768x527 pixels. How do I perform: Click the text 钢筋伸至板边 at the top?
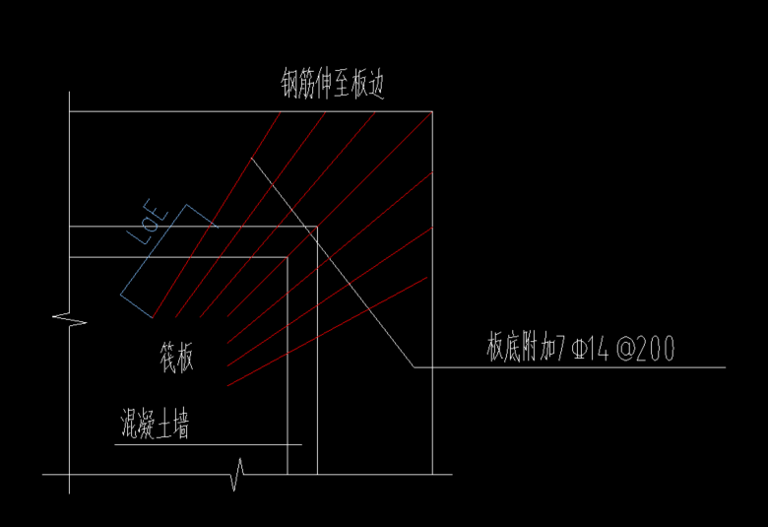(x=332, y=85)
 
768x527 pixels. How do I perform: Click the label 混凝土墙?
(x=152, y=427)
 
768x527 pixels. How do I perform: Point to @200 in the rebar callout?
(x=645, y=349)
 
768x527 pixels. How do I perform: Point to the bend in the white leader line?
(x=415, y=367)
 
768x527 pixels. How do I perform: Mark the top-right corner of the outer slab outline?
(x=434, y=111)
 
